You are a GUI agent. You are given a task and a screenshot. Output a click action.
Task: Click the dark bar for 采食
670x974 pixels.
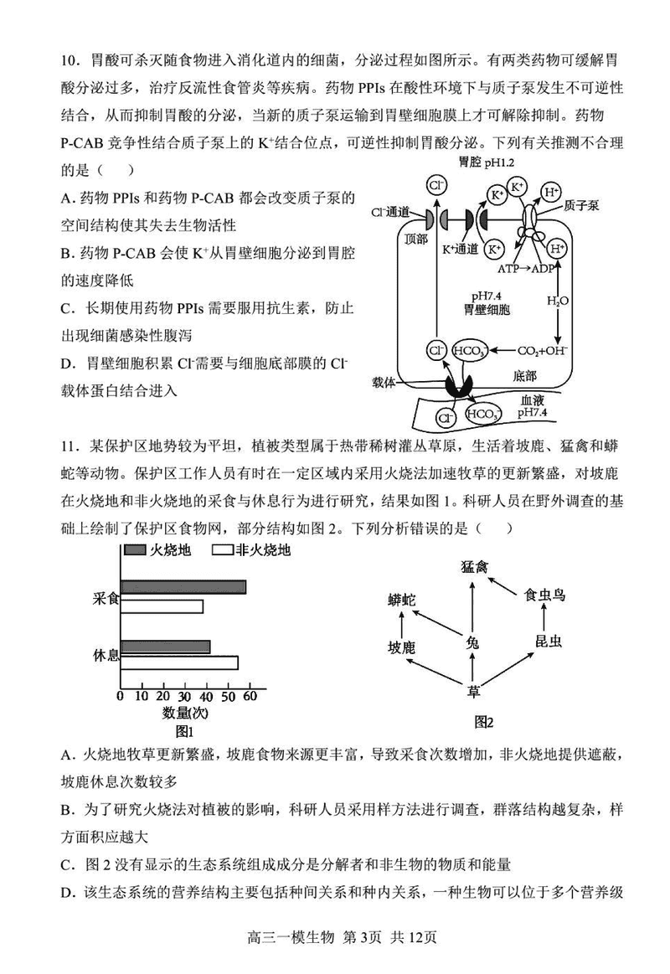coord(183,587)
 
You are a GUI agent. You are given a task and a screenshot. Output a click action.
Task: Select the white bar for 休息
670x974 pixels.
coord(178,662)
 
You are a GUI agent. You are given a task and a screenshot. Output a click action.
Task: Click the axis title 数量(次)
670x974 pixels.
coord(185,713)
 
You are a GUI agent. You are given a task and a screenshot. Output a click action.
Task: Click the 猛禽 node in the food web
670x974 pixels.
coord(474,567)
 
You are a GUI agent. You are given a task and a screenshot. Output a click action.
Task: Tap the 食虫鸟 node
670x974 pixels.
coord(544,595)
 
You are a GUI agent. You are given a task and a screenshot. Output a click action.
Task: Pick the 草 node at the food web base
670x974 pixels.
coord(474,692)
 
